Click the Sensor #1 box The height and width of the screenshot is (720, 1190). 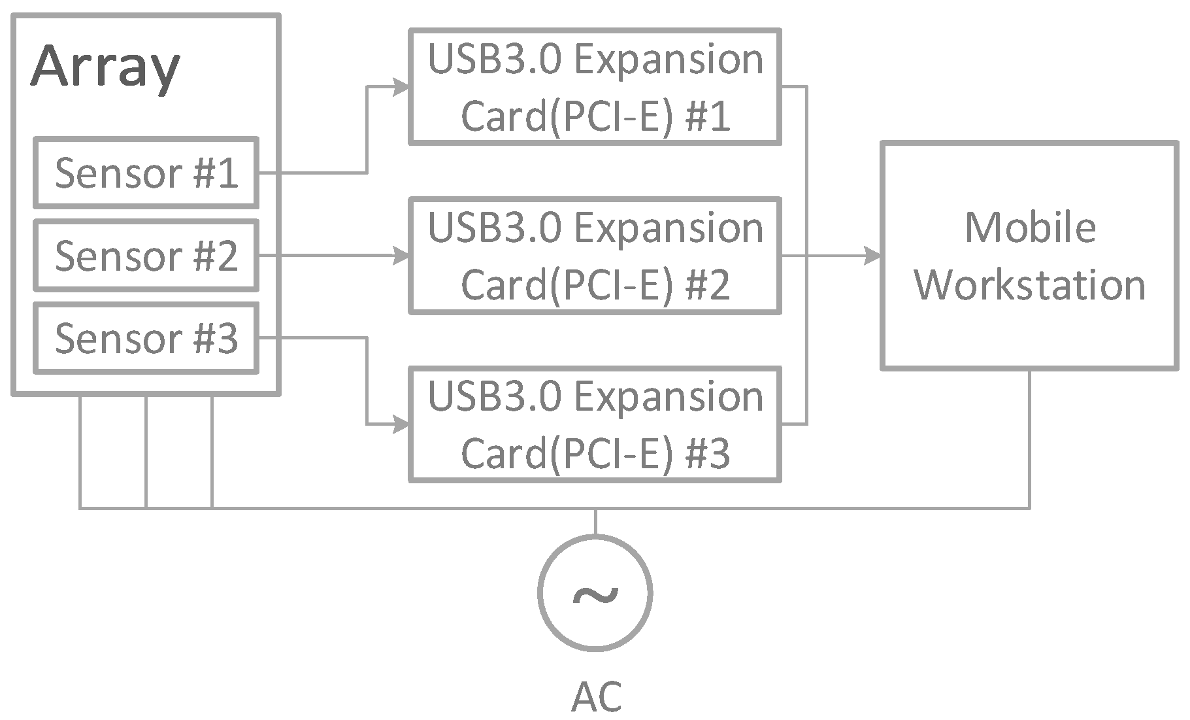(146, 173)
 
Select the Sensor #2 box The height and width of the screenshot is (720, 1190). (146, 255)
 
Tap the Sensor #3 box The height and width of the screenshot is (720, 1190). (146, 338)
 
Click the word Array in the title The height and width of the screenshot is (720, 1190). (105, 67)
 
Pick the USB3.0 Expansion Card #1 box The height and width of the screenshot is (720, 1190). (595, 87)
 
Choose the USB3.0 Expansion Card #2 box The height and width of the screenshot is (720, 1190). (595, 256)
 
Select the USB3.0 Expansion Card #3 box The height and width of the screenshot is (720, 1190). (595, 424)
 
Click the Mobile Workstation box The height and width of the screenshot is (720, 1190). (1029, 256)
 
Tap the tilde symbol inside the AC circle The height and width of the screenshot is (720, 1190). (595, 594)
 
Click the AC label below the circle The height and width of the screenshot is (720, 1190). (596, 696)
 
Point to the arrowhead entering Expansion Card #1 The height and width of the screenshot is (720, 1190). (401, 86)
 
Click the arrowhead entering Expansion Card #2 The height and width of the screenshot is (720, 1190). (401, 256)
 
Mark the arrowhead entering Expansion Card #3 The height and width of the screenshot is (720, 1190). (401, 424)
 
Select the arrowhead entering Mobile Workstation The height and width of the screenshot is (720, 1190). (872, 256)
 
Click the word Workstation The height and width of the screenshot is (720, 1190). (1029, 285)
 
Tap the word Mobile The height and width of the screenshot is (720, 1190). (1030, 228)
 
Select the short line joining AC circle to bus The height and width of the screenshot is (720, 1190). (595, 522)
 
